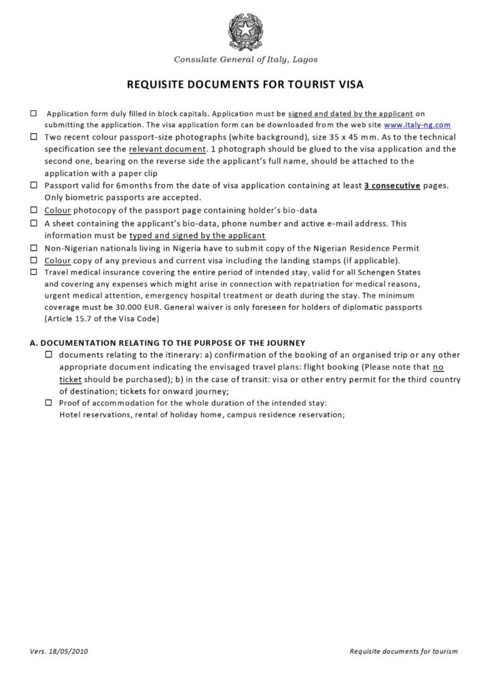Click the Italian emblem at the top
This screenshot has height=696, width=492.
[245, 30]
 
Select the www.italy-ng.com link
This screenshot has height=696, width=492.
[417, 125]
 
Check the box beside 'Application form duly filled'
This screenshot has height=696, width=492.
[34, 114]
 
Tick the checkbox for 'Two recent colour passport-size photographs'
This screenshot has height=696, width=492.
[34, 137]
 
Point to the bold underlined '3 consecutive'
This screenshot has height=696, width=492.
[391, 185]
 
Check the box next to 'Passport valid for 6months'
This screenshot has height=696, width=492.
[34, 185]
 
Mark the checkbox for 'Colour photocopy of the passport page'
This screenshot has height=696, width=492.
[34, 210]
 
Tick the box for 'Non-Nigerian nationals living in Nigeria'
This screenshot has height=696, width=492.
[34, 247]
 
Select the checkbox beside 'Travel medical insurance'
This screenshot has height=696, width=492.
[34, 272]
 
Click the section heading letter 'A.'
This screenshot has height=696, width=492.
[35, 342]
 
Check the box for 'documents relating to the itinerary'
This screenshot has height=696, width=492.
[49, 355]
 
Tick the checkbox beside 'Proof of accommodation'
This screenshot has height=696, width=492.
[49, 403]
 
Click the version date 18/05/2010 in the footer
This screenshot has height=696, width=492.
[69, 651]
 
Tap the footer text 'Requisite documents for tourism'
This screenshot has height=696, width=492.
[404, 651]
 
